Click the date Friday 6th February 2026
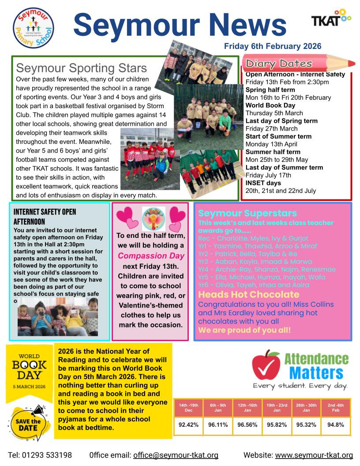pos(272,46)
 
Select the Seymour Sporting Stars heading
pos(81,68)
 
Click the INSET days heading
pos(263,183)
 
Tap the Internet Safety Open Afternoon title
pos(45,216)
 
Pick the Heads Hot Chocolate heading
pos(249,294)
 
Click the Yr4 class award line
pos(266,269)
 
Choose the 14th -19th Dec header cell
pos(188,407)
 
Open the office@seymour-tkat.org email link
pos(176,455)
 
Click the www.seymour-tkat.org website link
pos(314,455)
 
